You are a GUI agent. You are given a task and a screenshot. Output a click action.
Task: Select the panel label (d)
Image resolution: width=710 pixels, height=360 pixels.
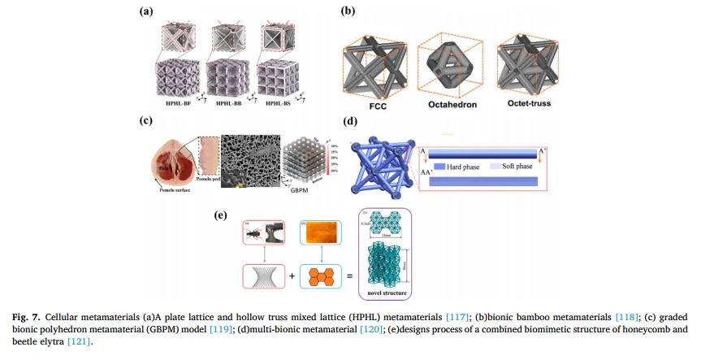pos(350,122)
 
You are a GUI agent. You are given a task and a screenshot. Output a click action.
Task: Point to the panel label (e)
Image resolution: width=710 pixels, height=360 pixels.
pos(220,215)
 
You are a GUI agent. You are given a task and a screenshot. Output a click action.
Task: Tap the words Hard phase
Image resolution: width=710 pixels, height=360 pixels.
pos(463,166)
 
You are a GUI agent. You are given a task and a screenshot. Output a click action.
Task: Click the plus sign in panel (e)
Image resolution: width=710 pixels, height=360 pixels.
pos(292,276)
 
